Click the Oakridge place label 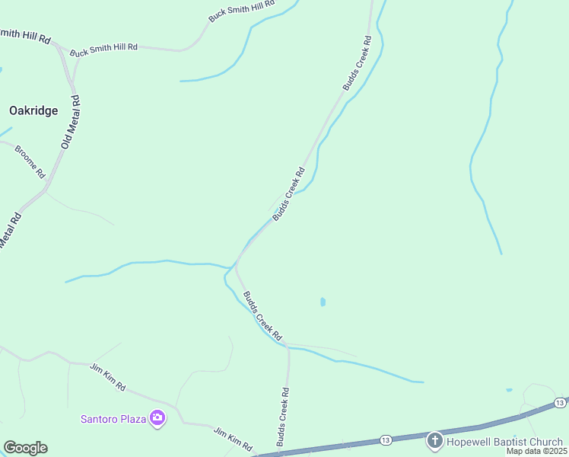tap(33, 110)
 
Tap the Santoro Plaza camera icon tap(157, 417)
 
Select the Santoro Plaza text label tap(114, 418)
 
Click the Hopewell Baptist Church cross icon tap(434, 440)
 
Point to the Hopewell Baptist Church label tap(505, 442)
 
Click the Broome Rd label tap(30, 159)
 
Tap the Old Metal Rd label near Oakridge tap(71, 123)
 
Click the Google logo tap(25, 448)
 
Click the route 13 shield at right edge tap(559, 402)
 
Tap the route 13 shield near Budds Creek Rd tap(386, 440)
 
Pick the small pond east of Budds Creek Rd tap(323, 302)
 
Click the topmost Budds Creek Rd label tap(357, 63)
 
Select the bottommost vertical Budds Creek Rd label tap(282, 417)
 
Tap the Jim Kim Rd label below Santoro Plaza tap(233, 439)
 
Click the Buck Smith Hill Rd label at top tap(241, 11)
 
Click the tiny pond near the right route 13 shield tap(509, 391)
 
